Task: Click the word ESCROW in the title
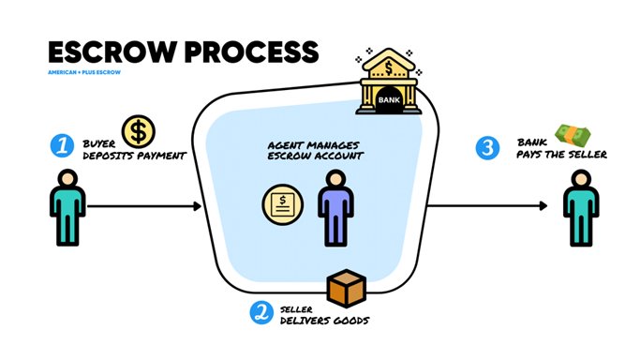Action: [112, 52]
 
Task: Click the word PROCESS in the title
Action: [251, 52]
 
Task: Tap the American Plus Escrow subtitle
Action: [84, 72]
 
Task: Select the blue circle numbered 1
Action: [62, 145]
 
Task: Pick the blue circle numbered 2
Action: [261, 312]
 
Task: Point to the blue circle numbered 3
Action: [487, 148]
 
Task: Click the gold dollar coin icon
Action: [139, 131]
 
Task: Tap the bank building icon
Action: [389, 82]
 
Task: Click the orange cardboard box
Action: [347, 288]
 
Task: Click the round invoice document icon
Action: [282, 204]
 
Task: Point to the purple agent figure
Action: [335, 208]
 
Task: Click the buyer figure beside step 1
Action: [67, 207]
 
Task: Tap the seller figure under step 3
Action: [581, 208]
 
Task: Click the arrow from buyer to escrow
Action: [144, 206]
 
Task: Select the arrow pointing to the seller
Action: [487, 205]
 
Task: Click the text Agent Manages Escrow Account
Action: [315, 150]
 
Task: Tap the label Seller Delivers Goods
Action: [324, 315]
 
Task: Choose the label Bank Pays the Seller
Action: [561, 148]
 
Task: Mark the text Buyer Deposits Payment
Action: [134, 150]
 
